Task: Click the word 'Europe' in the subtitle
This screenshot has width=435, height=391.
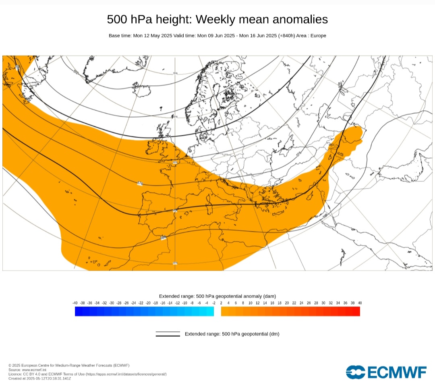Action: coord(317,36)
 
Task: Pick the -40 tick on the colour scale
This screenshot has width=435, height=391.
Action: coord(75,303)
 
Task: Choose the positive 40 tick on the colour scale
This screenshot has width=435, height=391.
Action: coord(360,303)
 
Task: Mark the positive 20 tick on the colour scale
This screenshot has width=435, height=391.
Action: coord(287,303)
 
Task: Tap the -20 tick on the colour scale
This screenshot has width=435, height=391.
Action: coord(148,303)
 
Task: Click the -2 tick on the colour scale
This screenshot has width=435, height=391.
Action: coord(213,303)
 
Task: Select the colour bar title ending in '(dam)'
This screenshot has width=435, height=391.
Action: coord(217,296)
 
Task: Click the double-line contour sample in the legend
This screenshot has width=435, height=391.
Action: coord(168,334)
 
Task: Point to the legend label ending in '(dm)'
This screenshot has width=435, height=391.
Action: coord(232,334)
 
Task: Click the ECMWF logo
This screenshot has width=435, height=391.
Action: coord(386,372)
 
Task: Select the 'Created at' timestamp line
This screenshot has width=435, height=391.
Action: coord(40,378)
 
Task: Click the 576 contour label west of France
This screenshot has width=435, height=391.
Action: coord(140,184)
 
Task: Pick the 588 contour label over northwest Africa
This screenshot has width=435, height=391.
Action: coord(163,238)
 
